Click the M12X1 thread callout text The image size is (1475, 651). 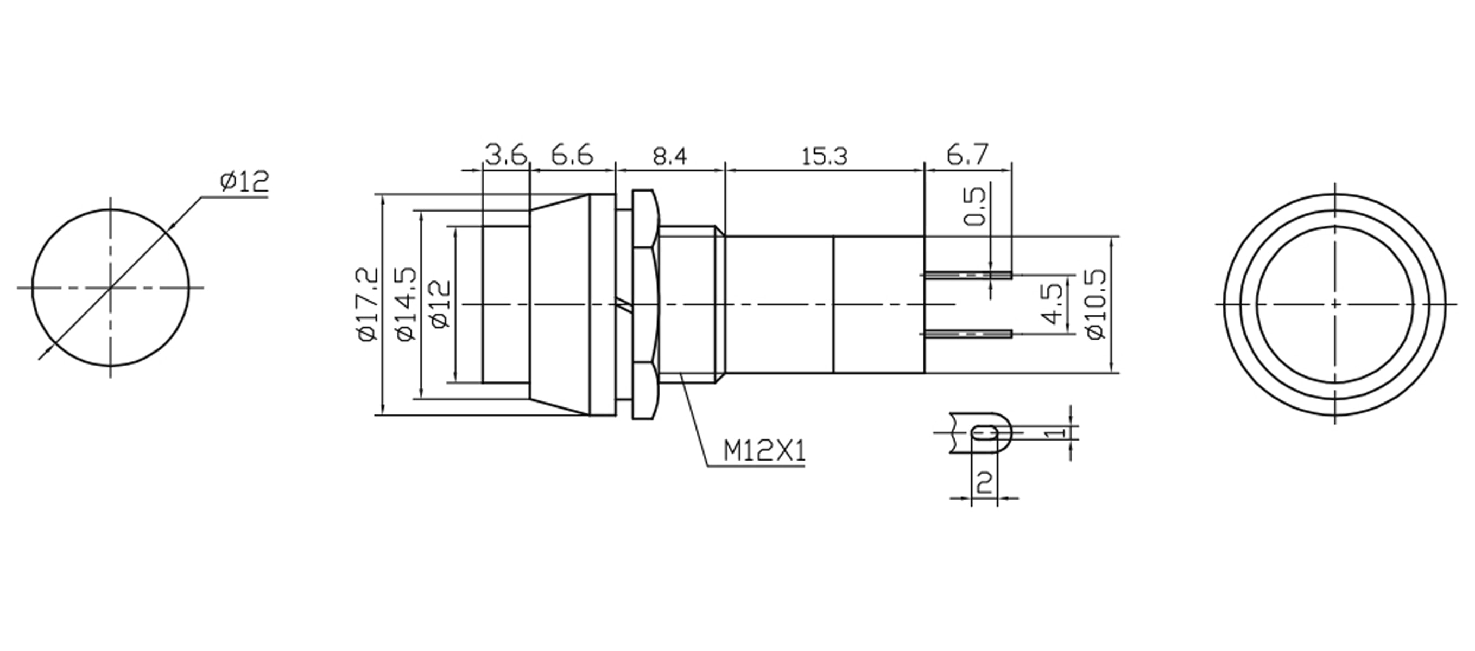(764, 451)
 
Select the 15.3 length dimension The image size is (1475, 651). (824, 156)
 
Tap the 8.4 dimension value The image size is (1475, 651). (669, 156)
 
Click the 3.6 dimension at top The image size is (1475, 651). (505, 155)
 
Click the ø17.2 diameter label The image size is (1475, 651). (368, 304)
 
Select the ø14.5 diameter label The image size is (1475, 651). (406, 304)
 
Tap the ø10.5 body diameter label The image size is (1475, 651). (1096, 304)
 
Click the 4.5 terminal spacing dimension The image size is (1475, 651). (1053, 304)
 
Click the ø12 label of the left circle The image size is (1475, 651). (244, 182)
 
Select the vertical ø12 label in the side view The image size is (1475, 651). (442, 304)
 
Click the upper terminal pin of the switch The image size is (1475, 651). (968, 275)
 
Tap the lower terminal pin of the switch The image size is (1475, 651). (968, 334)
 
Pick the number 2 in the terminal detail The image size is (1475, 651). (984, 483)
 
